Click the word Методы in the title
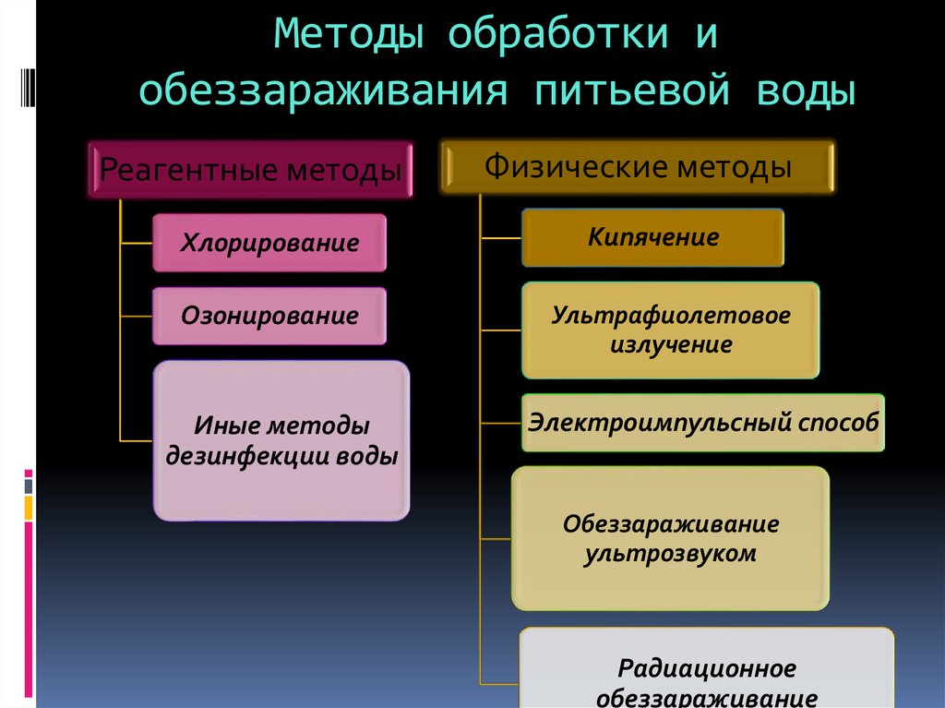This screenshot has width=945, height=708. [349, 33]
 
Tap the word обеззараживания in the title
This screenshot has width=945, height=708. [323, 91]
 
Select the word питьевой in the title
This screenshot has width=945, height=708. [632, 91]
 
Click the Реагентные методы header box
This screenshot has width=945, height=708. [251, 170]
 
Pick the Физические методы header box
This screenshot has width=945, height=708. [638, 166]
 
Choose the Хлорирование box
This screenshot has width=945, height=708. [269, 243]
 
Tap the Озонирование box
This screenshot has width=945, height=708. [269, 316]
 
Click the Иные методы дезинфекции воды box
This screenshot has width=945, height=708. [281, 441]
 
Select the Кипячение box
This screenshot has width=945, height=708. [652, 237]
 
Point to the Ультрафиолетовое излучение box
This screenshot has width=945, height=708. [670, 330]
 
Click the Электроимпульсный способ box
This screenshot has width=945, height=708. [702, 423]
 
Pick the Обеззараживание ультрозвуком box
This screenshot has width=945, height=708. [670, 538]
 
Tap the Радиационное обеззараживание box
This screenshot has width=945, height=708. [706, 668]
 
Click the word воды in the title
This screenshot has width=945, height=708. [806, 91]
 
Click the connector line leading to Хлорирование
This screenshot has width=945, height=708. [137, 244]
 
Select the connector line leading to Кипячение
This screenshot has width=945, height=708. [501, 238]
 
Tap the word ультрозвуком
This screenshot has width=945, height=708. [670, 554]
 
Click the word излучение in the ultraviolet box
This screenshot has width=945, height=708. [671, 345]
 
